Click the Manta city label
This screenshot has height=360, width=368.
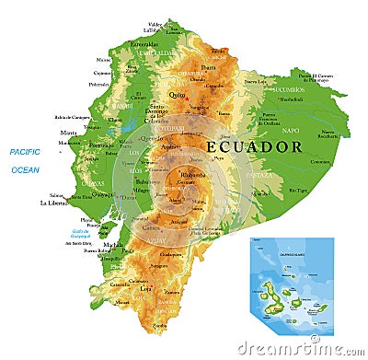click(69, 133)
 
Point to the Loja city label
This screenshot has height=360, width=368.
click(144, 287)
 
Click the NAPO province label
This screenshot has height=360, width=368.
click(292, 131)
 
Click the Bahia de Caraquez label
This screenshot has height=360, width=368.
click(75, 117)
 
